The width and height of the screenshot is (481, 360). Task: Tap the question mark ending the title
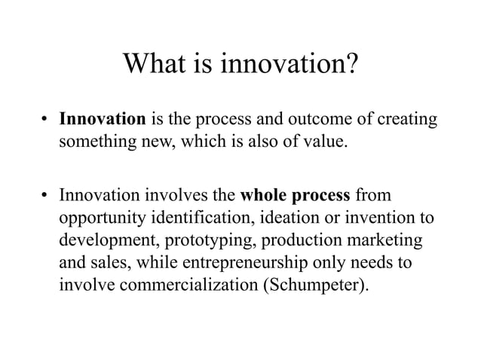click(x=349, y=67)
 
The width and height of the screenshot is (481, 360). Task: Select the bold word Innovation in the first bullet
click(x=103, y=119)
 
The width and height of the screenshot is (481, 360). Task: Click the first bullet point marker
click(x=45, y=120)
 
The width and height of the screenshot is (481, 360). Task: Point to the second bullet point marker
click(x=45, y=197)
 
